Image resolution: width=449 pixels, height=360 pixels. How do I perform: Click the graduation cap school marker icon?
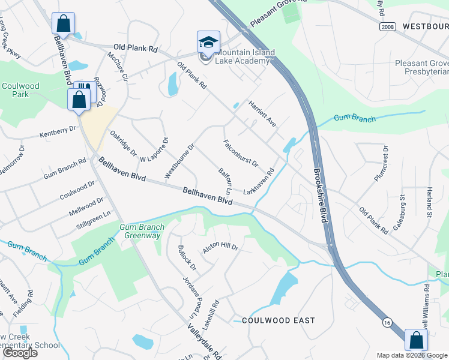pyautogui.click(x=208, y=42)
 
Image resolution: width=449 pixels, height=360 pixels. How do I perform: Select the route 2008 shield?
pyautogui.click(x=387, y=27)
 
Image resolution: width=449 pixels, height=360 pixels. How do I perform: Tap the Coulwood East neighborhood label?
pyautogui.click(x=278, y=320)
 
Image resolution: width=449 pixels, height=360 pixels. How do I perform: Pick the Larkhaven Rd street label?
pyautogui.click(x=259, y=181)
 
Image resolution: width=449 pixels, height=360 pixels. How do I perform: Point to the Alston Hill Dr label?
pyautogui.click(x=220, y=248)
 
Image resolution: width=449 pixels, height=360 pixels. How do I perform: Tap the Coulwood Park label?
pyautogui.click(x=20, y=90)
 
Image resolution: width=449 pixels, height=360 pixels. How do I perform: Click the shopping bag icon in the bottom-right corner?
pyautogui.click(x=416, y=340)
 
